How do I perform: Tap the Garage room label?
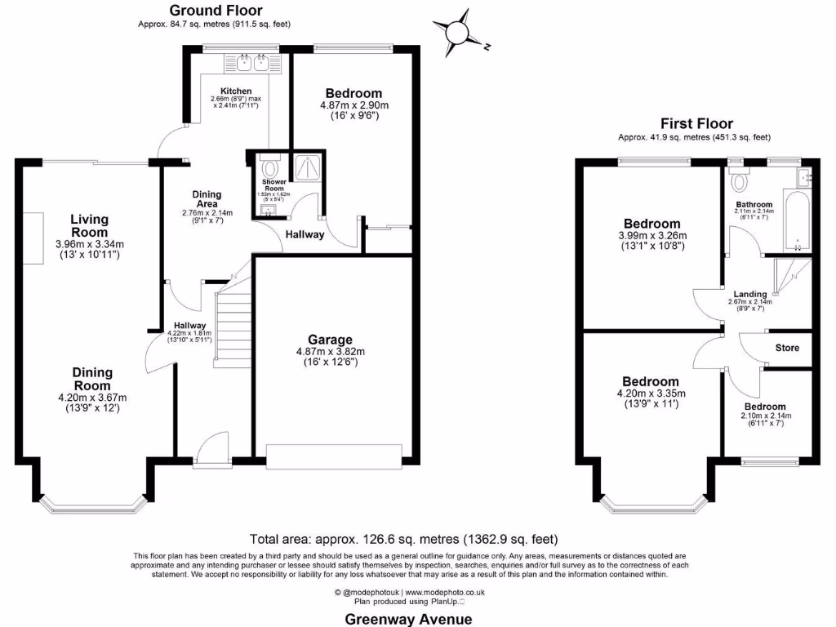click(x=330, y=340)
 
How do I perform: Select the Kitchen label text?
click(x=236, y=91)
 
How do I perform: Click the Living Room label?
click(x=89, y=225)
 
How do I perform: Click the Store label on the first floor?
click(x=786, y=348)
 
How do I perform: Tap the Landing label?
click(x=749, y=294)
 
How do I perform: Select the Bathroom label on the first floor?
click(x=754, y=204)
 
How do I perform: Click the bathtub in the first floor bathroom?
click(x=795, y=220)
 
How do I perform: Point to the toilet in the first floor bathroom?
click(x=740, y=179)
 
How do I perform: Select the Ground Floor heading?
click(x=216, y=11)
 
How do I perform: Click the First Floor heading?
click(x=696, y=123)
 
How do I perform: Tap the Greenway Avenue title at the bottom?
click(x=407, y=618)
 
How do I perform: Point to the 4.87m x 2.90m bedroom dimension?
click(x=354, y=105)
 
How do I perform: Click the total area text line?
click(x=403, y=539)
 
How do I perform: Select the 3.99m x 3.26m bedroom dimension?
click(x=652, y=236)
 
